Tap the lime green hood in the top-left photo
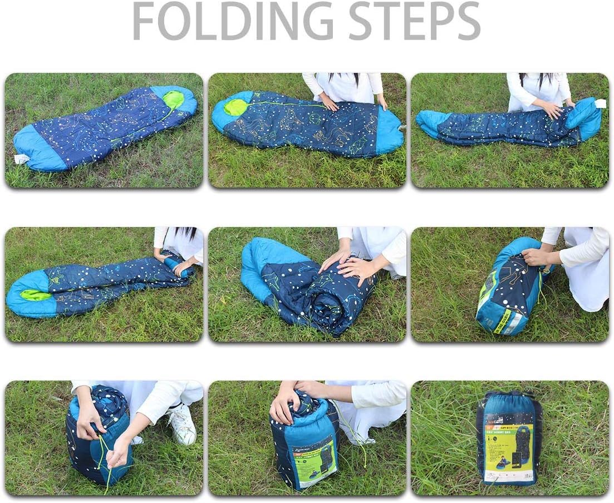tap(173, 100)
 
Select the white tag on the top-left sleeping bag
tap(21, 159)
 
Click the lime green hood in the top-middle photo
tap(235, 107)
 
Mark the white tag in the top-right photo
tap(600, 103)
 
